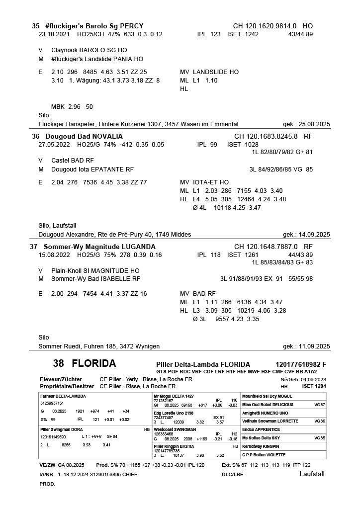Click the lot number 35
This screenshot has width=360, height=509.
(35, 26)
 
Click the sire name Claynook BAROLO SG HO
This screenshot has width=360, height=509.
(89, 50)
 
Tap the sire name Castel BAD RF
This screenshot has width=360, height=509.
(73, 161)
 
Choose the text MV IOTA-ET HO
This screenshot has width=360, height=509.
(204, 182)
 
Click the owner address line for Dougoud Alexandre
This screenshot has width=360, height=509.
(114, 235)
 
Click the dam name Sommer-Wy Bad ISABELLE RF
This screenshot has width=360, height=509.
(95, 279)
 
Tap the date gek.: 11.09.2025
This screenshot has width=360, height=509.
(306, 346)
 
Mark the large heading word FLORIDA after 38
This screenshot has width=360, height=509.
(94, 363)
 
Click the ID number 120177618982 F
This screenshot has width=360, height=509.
(301, 364)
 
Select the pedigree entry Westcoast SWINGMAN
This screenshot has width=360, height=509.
(175, 429)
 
